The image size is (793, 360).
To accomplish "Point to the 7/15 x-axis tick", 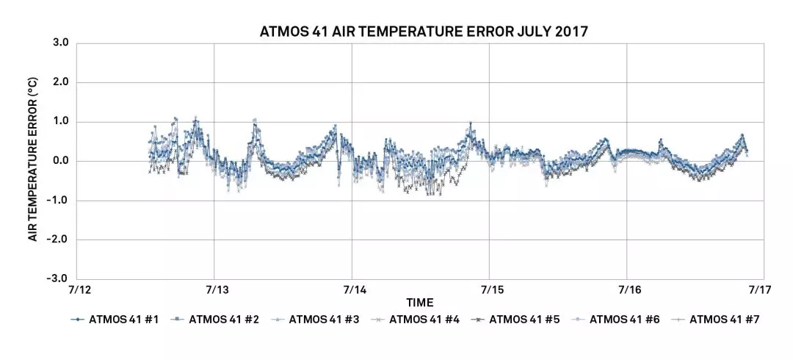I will tap(490, 290).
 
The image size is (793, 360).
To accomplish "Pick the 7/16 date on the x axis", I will tap(627, 290).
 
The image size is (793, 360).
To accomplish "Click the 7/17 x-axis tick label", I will tap(759, 290).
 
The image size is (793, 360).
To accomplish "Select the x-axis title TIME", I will tap(420, 303).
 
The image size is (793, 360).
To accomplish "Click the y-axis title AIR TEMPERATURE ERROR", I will tap(33, 161).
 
